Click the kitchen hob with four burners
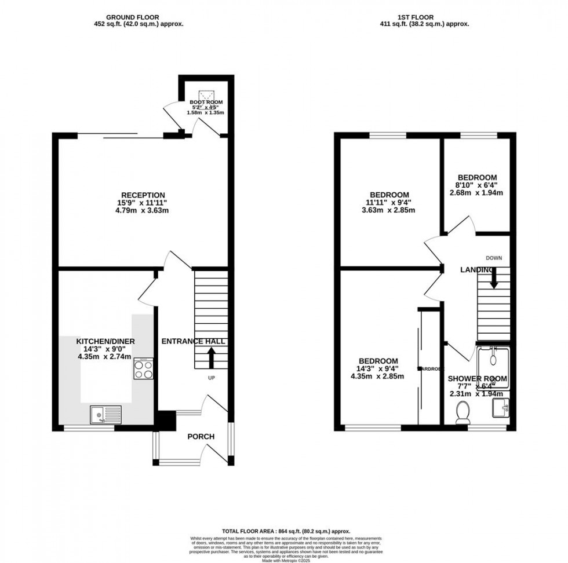pyautogui.click(x=143, y=368)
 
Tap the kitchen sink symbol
pyautogui.click(x=104, y=414)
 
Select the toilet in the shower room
pyautogui.click(x=463, y=414)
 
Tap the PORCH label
pyautogui.click(x=201, y=436)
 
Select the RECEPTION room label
pyautogui.click(x=143, y=195)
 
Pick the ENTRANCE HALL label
pyautogui.click(x=193, y=342)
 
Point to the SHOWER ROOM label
pyautogui.click(x=477, y=379)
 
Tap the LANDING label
pyautogui.click(x=477, y=270)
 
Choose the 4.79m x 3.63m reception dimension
pyautogui.click(x=143, y=210)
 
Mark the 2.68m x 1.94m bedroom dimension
pyautogui.click(x=476, y=193)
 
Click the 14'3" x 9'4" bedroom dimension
pyautogui.click(x=377, y=368)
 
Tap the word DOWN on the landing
pyautogui.click(x=494, y=258)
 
